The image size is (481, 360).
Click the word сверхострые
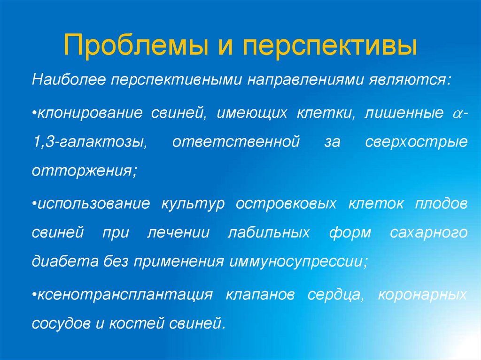click(416, 141)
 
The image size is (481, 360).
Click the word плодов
click(441, 204)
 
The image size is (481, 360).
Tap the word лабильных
click(268, 232)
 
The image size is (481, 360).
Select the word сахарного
click(428, 232)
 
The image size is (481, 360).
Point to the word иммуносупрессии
click(297, 260)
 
